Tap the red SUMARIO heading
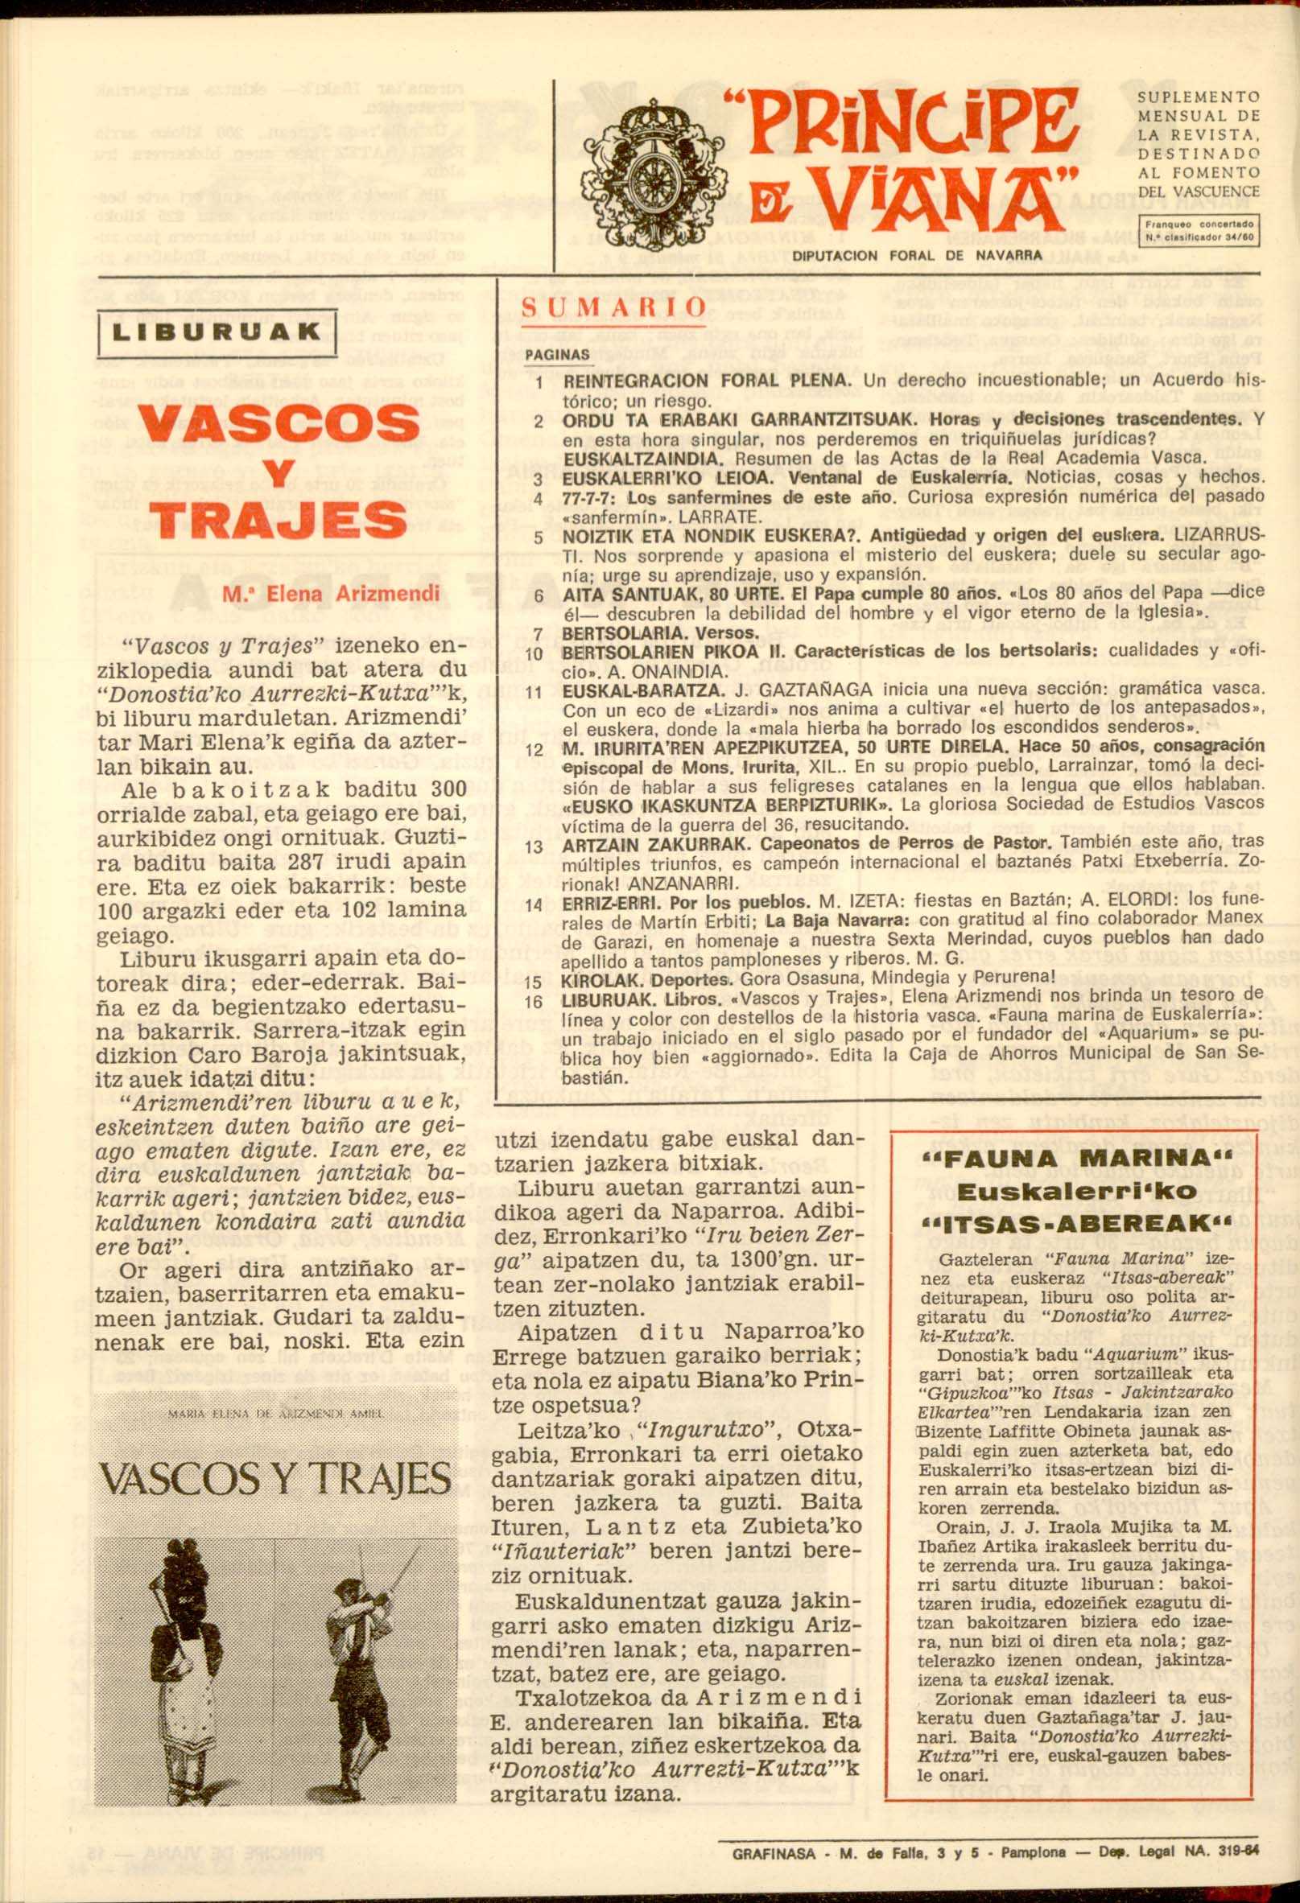(614, 307)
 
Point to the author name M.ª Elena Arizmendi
(332, 594)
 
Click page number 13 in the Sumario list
(534, 846)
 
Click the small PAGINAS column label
(557, 356)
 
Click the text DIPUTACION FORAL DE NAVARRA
(917, 254)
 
